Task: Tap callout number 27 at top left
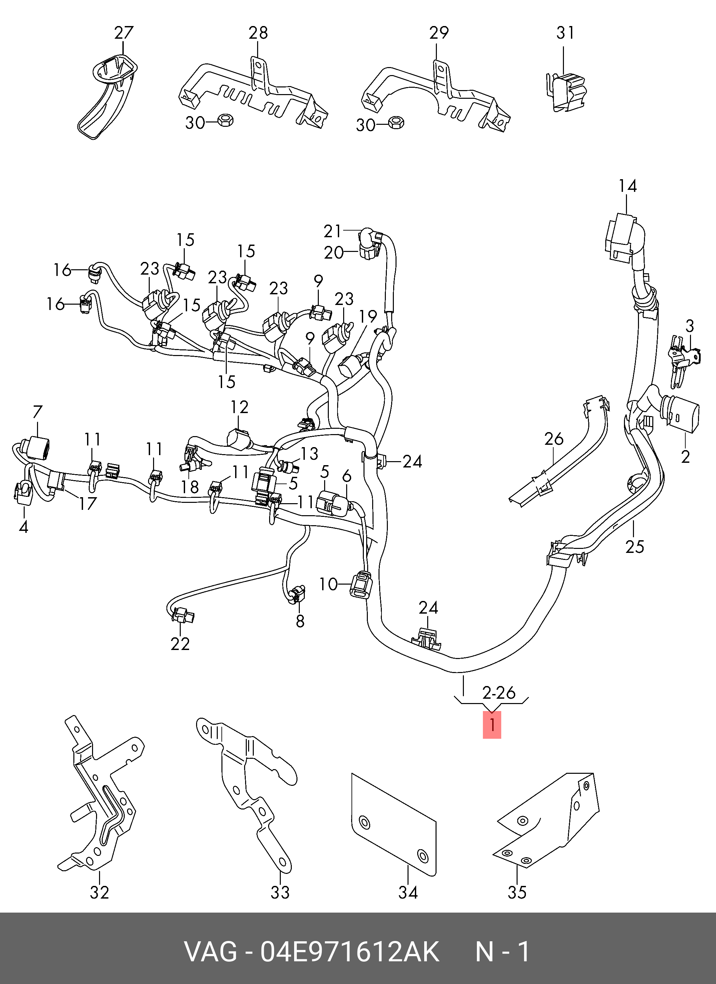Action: (124, 33)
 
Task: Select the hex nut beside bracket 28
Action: (225, 120)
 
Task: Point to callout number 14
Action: (628, 186)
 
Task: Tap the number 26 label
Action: (554, 439)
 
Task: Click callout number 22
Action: (180, 644)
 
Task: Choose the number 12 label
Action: (239, 407)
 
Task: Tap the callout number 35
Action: (517, 893)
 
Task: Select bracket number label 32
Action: (99, 893)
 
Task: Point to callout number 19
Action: (368, 317)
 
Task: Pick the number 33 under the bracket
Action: (280, 893)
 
